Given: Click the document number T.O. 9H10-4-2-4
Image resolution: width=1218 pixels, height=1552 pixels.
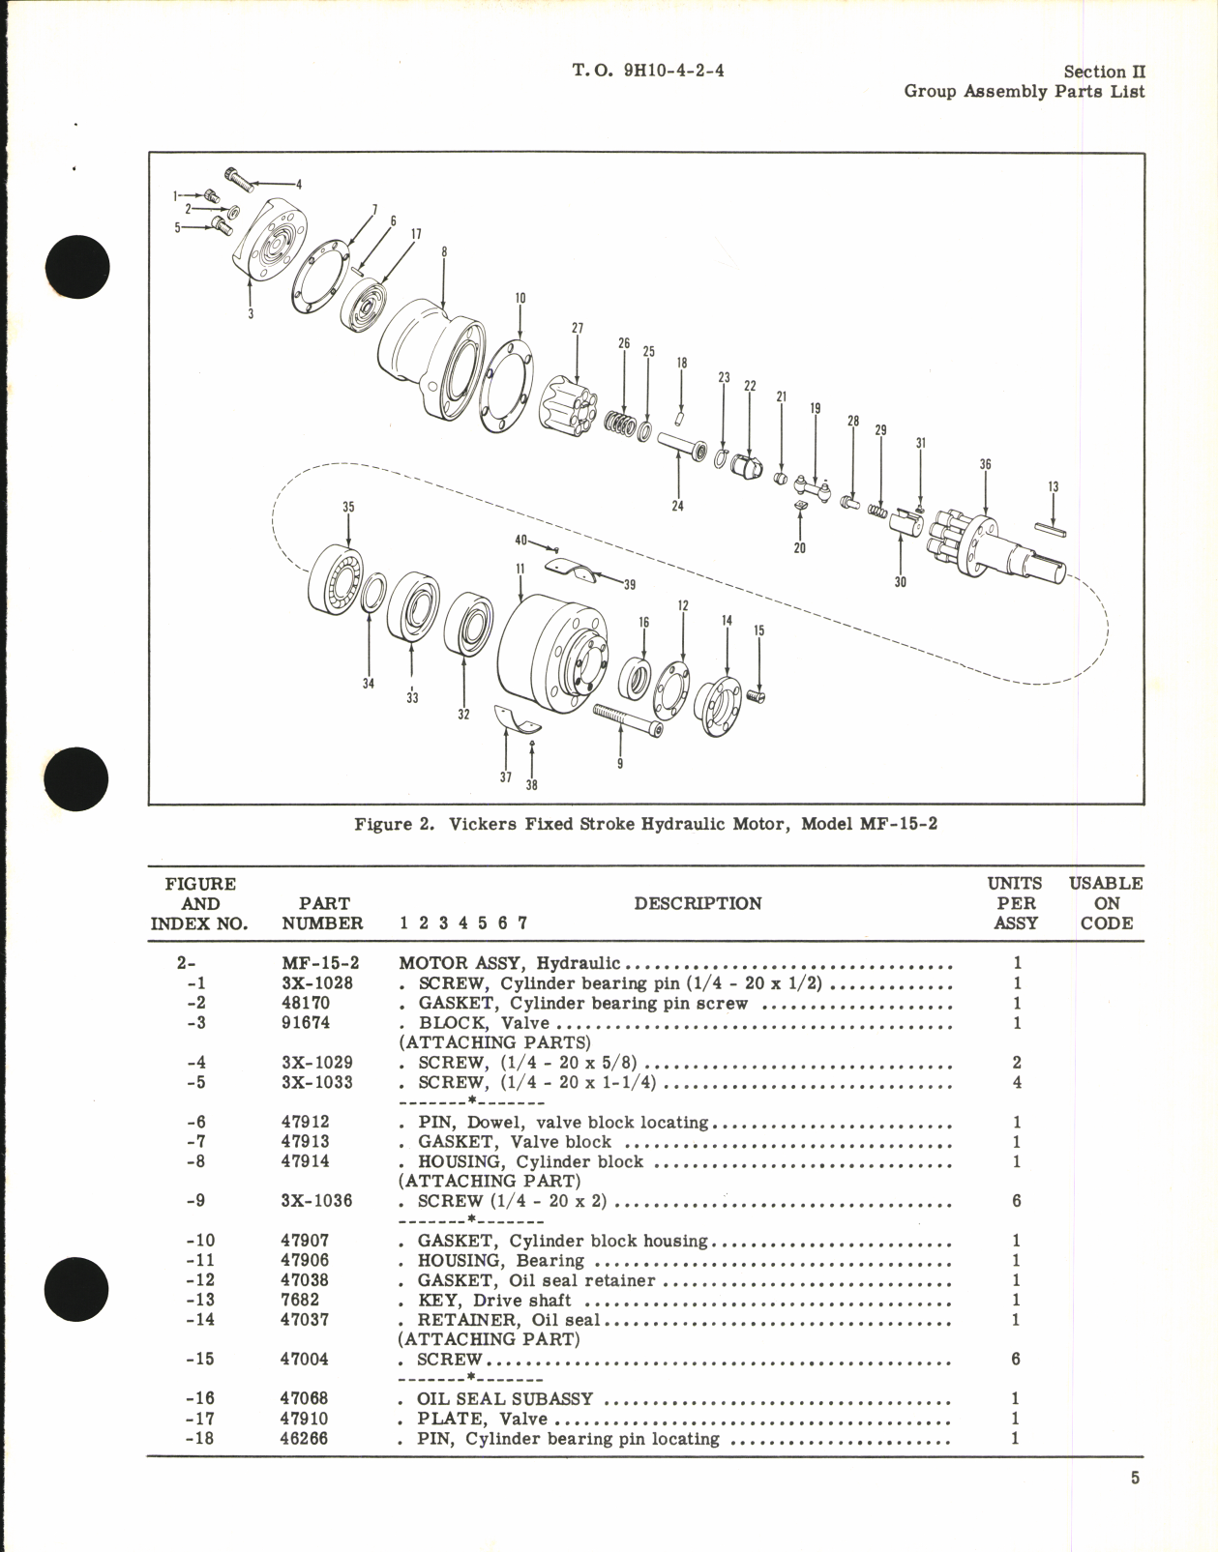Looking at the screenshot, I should click(648, 71).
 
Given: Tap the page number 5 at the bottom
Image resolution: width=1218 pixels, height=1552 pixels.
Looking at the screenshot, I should click(1135, 1479).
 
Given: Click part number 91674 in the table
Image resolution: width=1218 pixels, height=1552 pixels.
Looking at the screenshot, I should click(305, 1023).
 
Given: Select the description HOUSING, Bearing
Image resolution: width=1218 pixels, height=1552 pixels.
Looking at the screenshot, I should click(500, 1261).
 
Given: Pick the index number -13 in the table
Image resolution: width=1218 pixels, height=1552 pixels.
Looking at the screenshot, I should click(200, 1301).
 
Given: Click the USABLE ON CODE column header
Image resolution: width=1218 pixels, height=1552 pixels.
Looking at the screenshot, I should click(1106, 903).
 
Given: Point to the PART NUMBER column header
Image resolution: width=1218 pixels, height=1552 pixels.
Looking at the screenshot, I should click(323, 913).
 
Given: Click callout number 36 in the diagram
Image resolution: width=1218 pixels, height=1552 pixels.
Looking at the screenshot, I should click(985, 464).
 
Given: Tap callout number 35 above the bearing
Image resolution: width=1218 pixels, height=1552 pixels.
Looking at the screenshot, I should click(348, 507).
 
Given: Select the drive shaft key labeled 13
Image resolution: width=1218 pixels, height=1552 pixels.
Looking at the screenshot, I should click(1051, 529).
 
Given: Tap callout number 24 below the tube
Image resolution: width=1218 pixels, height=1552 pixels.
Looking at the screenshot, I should click(677, 506).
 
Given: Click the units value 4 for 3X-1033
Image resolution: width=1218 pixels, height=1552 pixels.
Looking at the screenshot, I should click(1016, 1082).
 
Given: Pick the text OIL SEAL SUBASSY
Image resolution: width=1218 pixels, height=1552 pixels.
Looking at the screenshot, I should click(505, 1399).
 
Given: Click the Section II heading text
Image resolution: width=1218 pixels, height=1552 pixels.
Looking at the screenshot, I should click(1104, 72).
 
